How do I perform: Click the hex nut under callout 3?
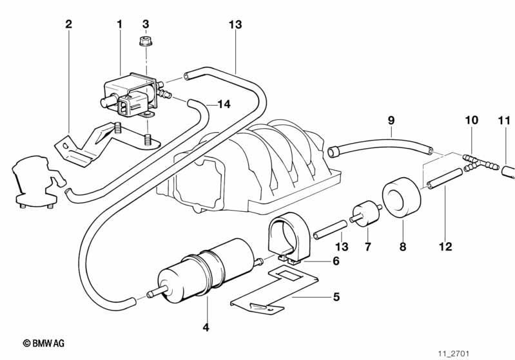[x=144, y=42]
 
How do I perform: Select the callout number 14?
[x=224, y=104]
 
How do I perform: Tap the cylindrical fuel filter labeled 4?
[x=206, y=271]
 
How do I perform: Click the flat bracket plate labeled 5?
[x=274, y=290]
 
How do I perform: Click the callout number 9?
[x=391, y=120]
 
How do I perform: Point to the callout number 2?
[x=68, y=24]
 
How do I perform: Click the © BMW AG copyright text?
[x=44, y=343]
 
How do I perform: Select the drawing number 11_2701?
[x=454, y=354]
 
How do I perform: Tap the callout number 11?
[x=504, y=120]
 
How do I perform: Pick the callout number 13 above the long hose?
[x=235, y=24]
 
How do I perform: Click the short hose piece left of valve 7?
[x=330, y=230]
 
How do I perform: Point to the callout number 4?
[x=206, y=327]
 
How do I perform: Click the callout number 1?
[x=119, y=24]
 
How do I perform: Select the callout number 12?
[x=445, y=247]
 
